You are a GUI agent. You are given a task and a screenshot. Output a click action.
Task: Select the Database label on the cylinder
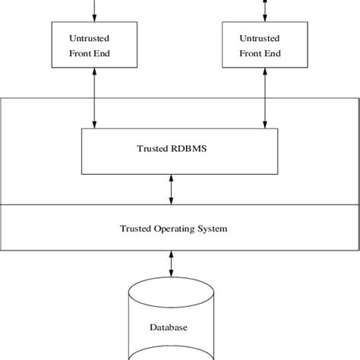(x=169, y=328)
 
